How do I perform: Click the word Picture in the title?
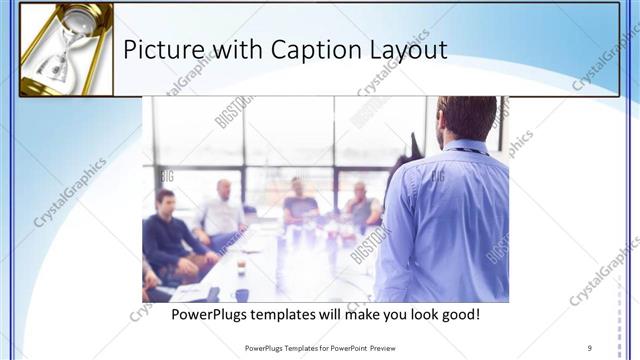pyautogui.click(x=159, y=50)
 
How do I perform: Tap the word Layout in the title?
pyautogui.click(x=407, y=51)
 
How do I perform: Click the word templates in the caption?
pyautogui.click(x=301, y=314)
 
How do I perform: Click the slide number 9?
pyautogui.click(x=590, y=347)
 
